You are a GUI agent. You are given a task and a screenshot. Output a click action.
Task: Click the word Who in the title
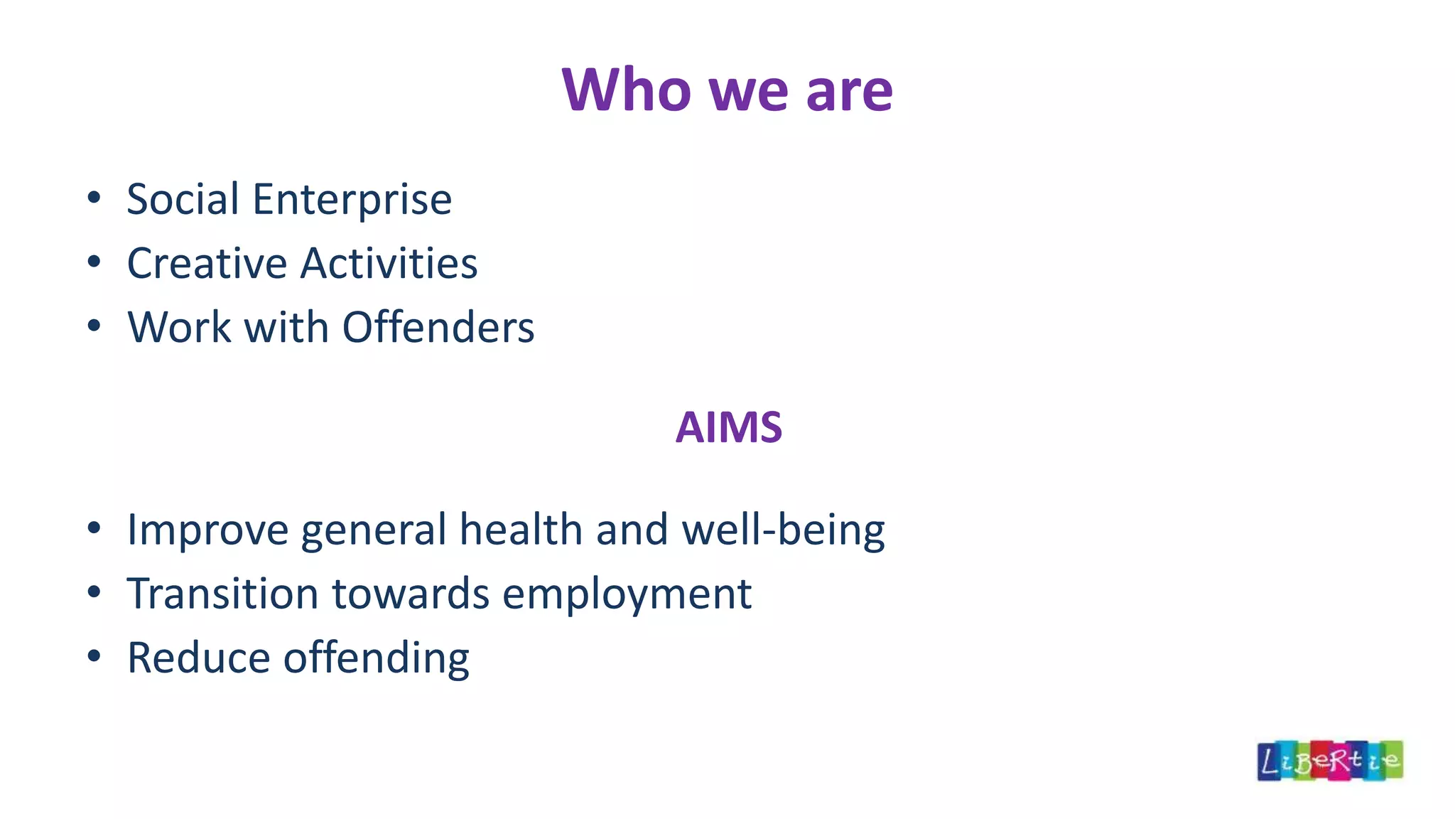626,90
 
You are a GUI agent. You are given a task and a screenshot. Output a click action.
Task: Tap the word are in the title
849,90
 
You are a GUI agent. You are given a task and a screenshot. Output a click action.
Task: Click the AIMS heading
728,427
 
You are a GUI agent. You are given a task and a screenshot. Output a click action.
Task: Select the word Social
183,199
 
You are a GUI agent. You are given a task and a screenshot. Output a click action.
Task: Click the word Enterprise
352,200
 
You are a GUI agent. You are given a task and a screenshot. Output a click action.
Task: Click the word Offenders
438,327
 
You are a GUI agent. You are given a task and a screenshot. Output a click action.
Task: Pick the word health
521,530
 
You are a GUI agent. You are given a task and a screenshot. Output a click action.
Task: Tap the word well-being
783,531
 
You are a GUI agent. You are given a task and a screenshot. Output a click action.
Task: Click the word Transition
222,594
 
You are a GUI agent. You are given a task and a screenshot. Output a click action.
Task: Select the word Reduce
198,658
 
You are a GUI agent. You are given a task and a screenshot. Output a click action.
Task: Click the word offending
376,659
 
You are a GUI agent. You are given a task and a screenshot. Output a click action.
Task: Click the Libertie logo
1329,761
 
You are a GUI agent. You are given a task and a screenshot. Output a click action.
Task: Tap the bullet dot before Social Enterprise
94,198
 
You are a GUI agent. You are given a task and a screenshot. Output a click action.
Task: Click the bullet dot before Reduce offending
94,656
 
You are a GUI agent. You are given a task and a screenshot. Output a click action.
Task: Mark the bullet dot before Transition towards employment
94,592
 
